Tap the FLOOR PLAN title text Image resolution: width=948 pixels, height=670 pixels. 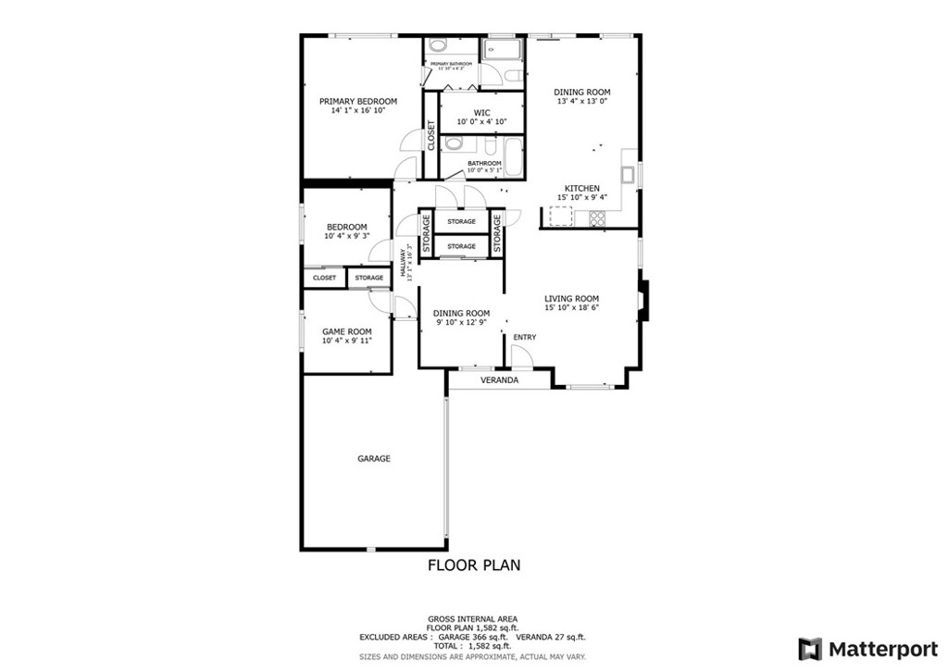point(473,564)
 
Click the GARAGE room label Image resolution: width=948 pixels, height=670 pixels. point(374,458)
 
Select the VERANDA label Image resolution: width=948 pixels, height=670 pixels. point(499,380)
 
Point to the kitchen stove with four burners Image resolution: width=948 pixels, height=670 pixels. point(597,219)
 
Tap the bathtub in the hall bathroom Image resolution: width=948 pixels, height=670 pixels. point(512,155)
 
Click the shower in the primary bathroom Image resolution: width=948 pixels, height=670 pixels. point(502,51)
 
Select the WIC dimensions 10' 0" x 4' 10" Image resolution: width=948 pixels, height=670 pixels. point(481,121)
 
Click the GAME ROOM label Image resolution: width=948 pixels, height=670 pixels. point(347,331)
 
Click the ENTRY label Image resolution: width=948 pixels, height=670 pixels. point(524,337)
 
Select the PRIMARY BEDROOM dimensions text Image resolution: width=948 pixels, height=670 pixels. point(357,110)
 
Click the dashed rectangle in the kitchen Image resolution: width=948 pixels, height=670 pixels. point(560,217)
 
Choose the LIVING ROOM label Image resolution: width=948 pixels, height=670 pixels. point(571,298)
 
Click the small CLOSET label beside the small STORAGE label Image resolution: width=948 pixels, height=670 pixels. point(324,278)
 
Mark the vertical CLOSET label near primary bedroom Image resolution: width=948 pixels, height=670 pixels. point(431,136)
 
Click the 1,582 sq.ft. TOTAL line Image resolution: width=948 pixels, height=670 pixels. point(472,646)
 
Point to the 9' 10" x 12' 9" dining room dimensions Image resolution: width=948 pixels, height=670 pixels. point(461,323)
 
